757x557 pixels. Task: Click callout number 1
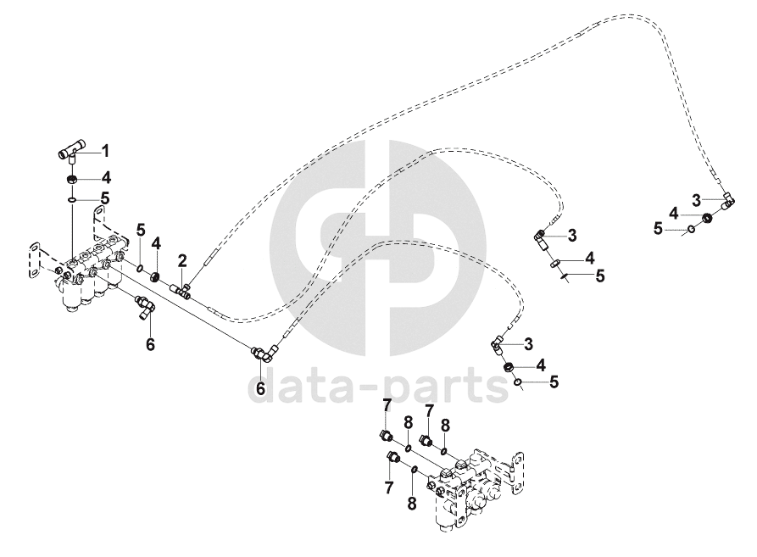pos(106,151)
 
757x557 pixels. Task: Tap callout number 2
pos(181,259)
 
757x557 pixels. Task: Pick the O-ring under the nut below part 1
pos(73,200)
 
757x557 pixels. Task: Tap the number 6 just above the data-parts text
pos(260,388)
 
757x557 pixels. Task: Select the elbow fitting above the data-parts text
pos(259,354)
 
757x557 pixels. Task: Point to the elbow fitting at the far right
pos(727,202)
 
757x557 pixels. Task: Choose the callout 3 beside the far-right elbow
pos(695,199)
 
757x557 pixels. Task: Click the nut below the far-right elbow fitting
pos(704,218)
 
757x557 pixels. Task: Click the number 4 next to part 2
pos(156,244)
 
